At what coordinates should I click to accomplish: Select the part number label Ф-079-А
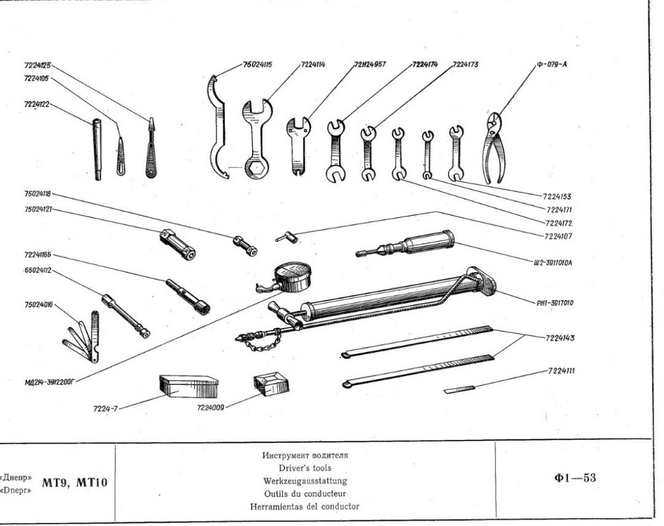pyautogui.click(x=551, y=64)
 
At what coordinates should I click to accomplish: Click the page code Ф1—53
pyautogui.click(x=575, y=478)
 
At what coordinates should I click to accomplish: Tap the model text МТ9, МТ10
pyautogui.click(x=74, y=482)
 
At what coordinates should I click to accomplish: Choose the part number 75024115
pyautogui.click(x=258, y=64)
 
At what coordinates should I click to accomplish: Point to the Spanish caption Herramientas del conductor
pyautogui.click(x=305, y=507)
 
